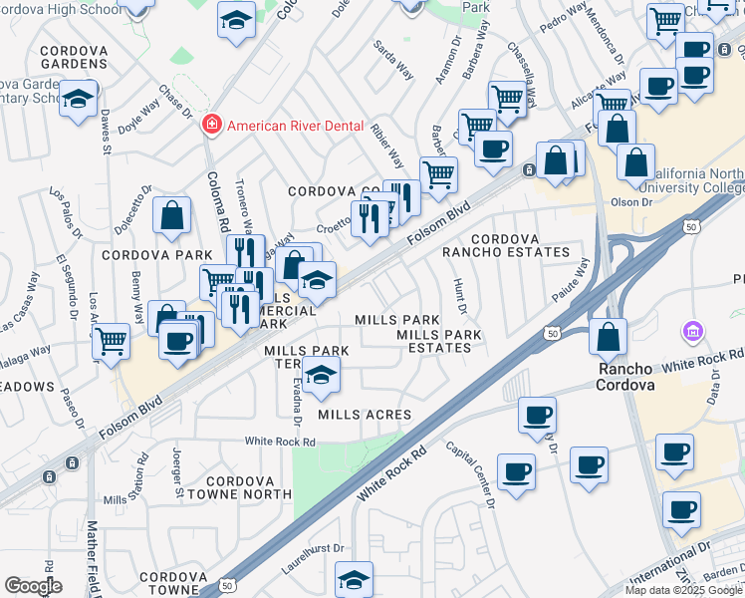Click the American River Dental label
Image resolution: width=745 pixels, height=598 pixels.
tap(290, 125)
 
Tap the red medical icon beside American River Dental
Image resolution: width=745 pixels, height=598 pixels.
tap(211, 125)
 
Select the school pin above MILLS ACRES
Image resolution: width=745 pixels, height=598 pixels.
tap(321, 376)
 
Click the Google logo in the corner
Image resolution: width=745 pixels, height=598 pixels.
tap(33, 585)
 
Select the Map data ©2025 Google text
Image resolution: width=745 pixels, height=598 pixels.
tap(683, 590)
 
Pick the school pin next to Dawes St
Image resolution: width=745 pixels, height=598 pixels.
tap(78, 100)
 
